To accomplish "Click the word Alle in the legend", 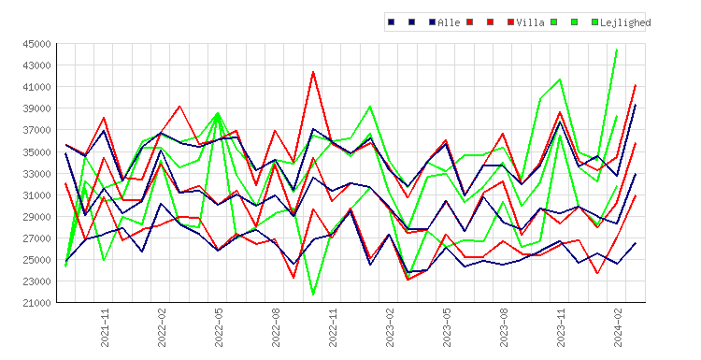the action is pos(449,22).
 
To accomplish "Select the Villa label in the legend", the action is pos(530,22).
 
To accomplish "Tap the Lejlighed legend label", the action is pos(625,22).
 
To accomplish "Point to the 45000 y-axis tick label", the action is pos(36,44).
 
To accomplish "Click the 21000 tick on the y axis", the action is pos(36,303).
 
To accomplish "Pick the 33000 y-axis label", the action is pos(36,174).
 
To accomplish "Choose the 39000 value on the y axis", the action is pos(36,108).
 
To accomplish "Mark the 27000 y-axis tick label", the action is pos(36,238).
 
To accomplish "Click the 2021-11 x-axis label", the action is pos(105,327).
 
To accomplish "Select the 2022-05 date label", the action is pos(219,327).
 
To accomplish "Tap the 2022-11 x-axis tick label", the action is pos(333,327).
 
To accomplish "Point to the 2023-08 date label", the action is pos(504,327).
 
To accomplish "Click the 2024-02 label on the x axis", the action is pos(618,327).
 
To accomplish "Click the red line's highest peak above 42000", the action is pos(313,72).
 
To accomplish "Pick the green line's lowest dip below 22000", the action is pos(313,295).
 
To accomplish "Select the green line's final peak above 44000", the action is pos(617,50).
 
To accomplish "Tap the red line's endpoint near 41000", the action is pos(636,85).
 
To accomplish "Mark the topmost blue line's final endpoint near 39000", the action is pos(636,105).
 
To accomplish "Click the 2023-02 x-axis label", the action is pos(390,327).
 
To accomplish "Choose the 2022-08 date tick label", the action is pos(276,327).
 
